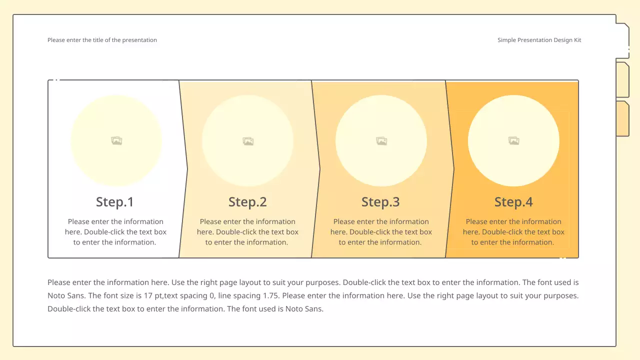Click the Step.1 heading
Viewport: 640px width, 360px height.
(x=115, y=202)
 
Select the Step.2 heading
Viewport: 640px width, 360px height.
(x=247, y=202)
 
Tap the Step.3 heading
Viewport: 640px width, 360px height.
(x=380, y=202)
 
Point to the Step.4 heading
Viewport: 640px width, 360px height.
(x=513, y=202)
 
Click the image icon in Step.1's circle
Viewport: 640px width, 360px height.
(x=116, y=141)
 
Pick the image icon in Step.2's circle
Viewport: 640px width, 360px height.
(x=248, y=141)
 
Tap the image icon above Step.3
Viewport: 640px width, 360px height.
(x=381, y=141)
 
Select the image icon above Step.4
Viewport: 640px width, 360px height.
(x=513, y=141)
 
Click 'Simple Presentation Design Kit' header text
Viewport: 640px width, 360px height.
(x=539, y=40)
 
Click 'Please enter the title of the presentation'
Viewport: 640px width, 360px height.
(x=102, y=40)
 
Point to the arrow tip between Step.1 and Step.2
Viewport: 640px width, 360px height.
(x=187, y=169)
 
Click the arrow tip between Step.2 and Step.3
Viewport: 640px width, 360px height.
(x=319, y=169)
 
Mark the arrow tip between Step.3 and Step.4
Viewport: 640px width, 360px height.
(x=453, y=169)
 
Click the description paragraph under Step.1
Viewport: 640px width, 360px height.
(x=115, y=232)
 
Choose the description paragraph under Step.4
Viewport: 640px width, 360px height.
(x=513, y=232)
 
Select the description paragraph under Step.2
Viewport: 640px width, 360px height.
(x=247, y=232)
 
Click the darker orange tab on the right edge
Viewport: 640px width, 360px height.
(x=622, y=118)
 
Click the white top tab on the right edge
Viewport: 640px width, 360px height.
(x=622, y=40)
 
